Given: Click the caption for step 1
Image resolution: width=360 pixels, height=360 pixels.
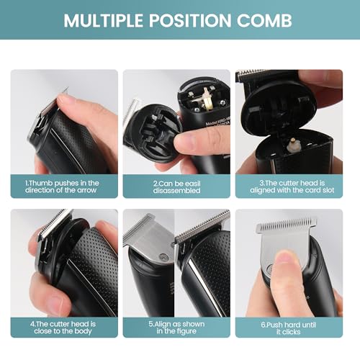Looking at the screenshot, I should click(64, 187).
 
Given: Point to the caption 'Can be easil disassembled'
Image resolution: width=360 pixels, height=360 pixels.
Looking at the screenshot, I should click(176, 187).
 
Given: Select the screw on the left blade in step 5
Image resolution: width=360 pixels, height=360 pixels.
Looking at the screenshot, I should click(163, 257).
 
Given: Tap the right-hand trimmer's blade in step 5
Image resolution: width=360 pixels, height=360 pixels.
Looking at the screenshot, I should click(204, 227).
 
